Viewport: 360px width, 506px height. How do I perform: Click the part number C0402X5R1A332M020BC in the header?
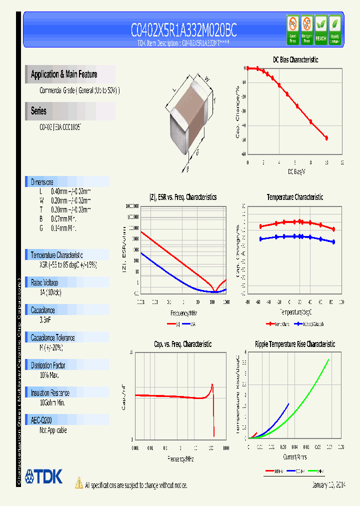click(x=183, y=31)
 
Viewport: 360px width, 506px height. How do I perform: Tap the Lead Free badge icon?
click(x=292, y=28)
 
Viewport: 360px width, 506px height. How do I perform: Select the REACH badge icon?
click(x=320, y=28)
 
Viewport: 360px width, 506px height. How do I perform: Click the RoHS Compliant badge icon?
click(x=335, y=28)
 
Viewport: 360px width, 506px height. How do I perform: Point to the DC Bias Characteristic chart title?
click(x=295, y=59)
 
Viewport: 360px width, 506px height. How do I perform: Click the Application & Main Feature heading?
click(x=64, y=74)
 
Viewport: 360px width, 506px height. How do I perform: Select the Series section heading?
click(x=39, y=111)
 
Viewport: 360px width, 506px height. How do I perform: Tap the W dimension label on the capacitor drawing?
click(x=206, y=77)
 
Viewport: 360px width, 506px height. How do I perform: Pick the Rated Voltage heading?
click(x=44, y=282)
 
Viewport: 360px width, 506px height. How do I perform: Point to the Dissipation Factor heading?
click(x=48, y=365)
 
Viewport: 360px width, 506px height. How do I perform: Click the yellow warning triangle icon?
click(x=78, y=482)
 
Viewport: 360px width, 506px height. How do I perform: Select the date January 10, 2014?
click(x=328, y=485)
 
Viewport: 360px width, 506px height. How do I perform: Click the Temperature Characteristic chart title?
click(x=294, y=197)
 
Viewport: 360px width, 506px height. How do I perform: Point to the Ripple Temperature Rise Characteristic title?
click(x=294, y=344)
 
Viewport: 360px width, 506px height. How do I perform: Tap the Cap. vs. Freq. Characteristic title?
click(x=182, y=344)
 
